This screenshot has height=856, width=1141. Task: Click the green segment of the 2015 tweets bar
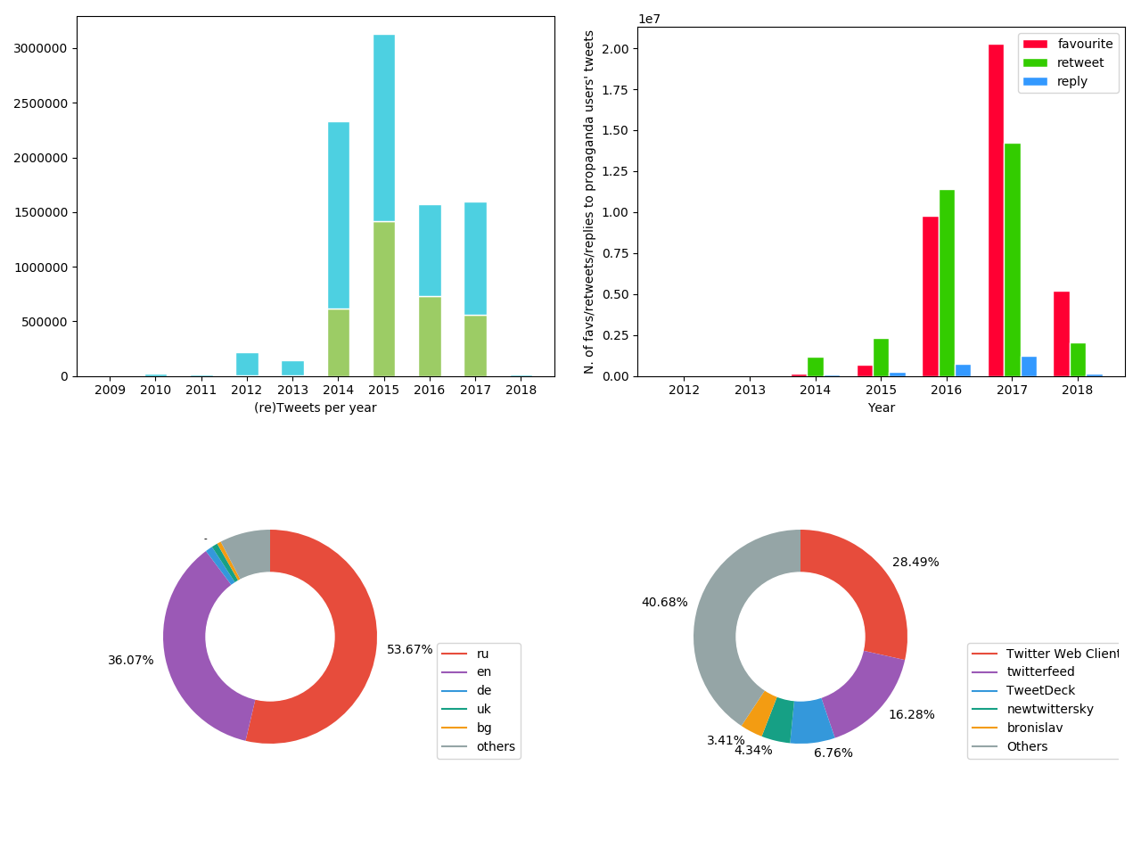[x=383, y=299]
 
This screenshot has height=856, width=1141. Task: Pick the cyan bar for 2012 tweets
[x=247, y=364]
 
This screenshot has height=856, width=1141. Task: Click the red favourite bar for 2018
[x=1061, y=333]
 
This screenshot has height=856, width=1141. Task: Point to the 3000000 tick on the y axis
[x=40, y=48]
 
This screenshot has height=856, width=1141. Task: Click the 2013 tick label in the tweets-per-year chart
[x=292, y=390]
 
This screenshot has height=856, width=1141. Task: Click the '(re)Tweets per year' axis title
[x=315, y=408]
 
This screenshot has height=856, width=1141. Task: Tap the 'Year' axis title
[x=881, y=408]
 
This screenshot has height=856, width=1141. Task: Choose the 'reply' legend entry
[x=1071, y=82]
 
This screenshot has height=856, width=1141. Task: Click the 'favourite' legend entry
[x=1085, y=45]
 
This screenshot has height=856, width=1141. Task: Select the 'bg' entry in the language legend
[x=483, y=728]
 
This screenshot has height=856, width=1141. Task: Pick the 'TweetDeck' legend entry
[x=1040, y=691]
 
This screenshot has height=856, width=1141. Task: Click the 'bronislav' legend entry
[x=1034, y=728]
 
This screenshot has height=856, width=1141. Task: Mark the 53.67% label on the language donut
[x=409, y=650]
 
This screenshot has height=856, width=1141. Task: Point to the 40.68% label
[x=664, y=603]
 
